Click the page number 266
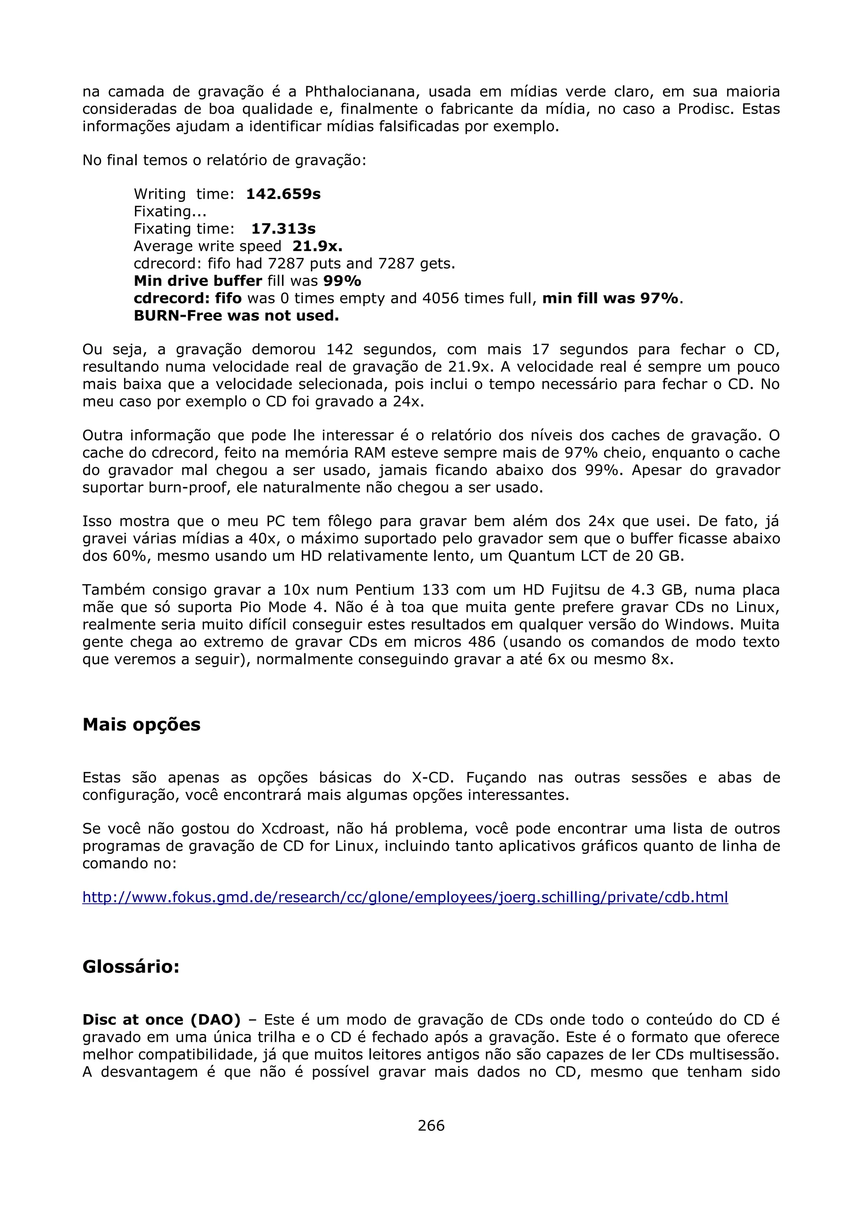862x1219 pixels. pyautogui.click(x=431, y=1125)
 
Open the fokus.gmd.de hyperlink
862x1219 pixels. pyautogui.click(x=405, y=897)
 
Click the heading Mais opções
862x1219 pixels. pyautogui.click(x=141, y=724)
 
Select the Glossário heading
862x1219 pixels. pyautogui.click(x=130, y=966)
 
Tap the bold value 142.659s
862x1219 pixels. pyautogui.click(x=283, y=194)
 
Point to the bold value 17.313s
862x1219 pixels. pyautogui.click(x=283, y=229)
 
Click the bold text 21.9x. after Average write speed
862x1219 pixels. pyautogui.click(x=317, y=246)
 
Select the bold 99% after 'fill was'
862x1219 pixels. pyautogui.click(x=342, y=281)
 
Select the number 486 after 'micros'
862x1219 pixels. pyautogui.click(x=482, y=642)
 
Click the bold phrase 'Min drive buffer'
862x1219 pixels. pyautogui.click(x=197, y=281)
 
